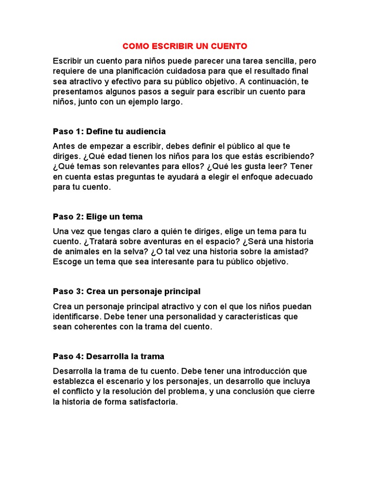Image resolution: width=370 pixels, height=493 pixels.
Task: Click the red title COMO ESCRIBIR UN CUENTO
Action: point(185,46)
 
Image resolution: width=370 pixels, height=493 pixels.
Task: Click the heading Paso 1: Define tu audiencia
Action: point(109,131)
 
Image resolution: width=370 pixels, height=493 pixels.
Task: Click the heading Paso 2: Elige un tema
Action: point(98,217)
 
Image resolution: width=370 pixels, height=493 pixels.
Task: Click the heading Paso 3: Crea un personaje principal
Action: point(127,292)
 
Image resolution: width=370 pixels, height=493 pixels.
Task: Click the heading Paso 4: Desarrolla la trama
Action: point(108,356)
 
